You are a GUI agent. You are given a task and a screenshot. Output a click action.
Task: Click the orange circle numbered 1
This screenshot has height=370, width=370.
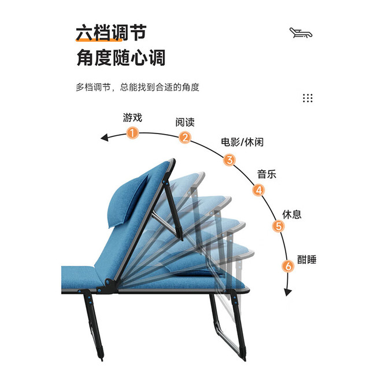132,133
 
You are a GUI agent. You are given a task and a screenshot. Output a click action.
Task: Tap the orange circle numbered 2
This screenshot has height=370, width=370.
185,138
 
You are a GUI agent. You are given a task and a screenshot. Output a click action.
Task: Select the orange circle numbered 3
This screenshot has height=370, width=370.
230,160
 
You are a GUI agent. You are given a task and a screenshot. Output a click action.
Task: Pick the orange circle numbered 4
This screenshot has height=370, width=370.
258,190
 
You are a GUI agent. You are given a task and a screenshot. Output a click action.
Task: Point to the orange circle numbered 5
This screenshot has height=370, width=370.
279,226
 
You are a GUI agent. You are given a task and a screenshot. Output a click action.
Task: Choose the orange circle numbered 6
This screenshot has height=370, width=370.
288,266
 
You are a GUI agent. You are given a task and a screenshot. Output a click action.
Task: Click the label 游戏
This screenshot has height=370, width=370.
132,117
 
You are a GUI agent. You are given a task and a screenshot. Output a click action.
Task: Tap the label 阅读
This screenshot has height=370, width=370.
185,122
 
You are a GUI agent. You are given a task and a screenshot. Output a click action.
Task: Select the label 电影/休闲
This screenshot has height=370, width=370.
242,142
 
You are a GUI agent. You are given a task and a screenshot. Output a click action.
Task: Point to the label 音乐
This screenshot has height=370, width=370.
267,175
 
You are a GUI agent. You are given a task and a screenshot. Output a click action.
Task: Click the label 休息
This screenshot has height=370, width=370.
292,214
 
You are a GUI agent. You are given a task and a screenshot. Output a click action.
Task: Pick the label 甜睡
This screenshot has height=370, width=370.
306,260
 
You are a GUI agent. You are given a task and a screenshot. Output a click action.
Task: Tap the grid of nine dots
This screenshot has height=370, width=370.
308,98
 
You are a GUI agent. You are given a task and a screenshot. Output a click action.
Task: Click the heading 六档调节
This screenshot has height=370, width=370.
111,33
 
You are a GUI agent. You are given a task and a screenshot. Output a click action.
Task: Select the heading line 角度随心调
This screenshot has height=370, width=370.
121,57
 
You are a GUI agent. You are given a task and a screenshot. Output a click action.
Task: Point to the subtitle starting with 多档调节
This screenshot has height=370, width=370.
138,87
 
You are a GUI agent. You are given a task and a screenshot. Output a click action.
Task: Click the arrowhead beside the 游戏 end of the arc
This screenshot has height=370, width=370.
104,138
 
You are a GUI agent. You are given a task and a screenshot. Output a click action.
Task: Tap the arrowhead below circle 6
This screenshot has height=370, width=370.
288,292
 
